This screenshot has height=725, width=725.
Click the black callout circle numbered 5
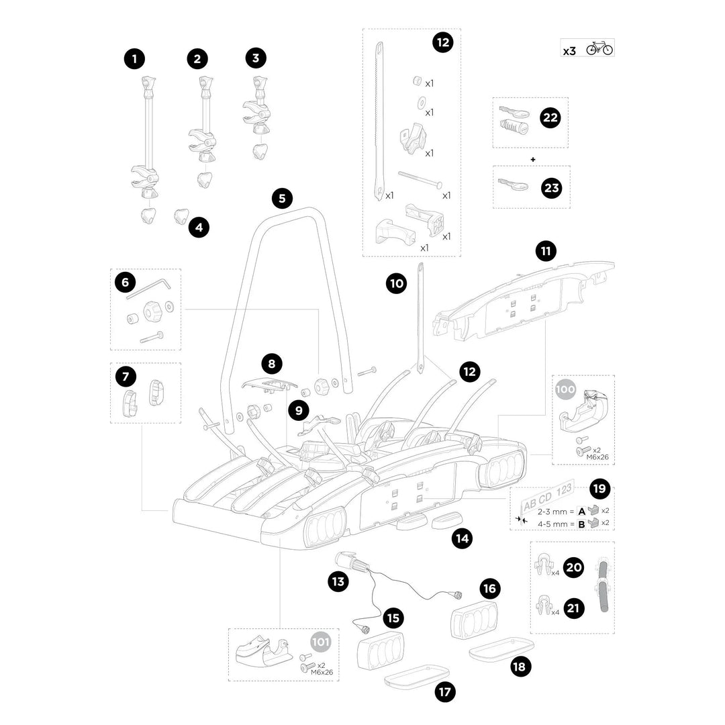point(282,198)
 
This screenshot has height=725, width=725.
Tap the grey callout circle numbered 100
point(566,389)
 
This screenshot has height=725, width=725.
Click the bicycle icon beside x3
point(599,49)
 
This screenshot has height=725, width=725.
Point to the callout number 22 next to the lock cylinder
point(550,117)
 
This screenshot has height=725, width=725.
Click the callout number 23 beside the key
point(550,188)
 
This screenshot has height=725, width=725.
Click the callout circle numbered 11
point(545,252)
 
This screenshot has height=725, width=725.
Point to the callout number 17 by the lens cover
point(444,691)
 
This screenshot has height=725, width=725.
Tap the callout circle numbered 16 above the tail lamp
point(490,589)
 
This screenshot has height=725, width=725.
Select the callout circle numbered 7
point(126,377)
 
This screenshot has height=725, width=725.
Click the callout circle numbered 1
point(134,59)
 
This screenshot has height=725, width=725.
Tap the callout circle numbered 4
point(199,228)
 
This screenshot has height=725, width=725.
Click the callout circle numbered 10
point(396,283)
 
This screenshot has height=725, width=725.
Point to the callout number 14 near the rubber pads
point(461,537)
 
